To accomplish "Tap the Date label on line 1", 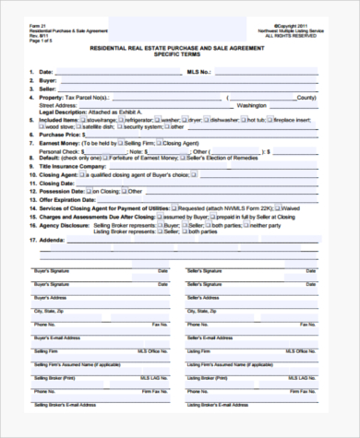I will pyautogui.click(x=45, y=71).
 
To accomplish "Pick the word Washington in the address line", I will pyautogui.click(x=251, y=105).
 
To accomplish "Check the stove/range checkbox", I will pyautogui.click(x=84, y=120).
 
